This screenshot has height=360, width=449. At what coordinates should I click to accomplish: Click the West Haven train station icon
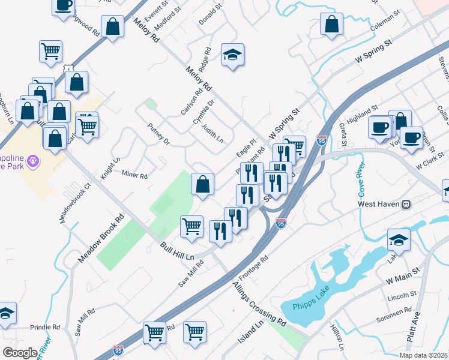406,204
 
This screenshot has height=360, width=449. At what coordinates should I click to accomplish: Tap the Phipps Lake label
312,307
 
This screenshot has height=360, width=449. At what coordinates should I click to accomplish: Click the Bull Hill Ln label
178,251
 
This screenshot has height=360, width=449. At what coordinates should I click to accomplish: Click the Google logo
20,352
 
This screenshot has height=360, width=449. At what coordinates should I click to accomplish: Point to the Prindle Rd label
45,328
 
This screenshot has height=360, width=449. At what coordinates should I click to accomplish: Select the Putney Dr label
158,133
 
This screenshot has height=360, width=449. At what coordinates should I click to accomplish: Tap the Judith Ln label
212,133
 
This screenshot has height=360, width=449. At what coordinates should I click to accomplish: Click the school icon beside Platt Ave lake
399,241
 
